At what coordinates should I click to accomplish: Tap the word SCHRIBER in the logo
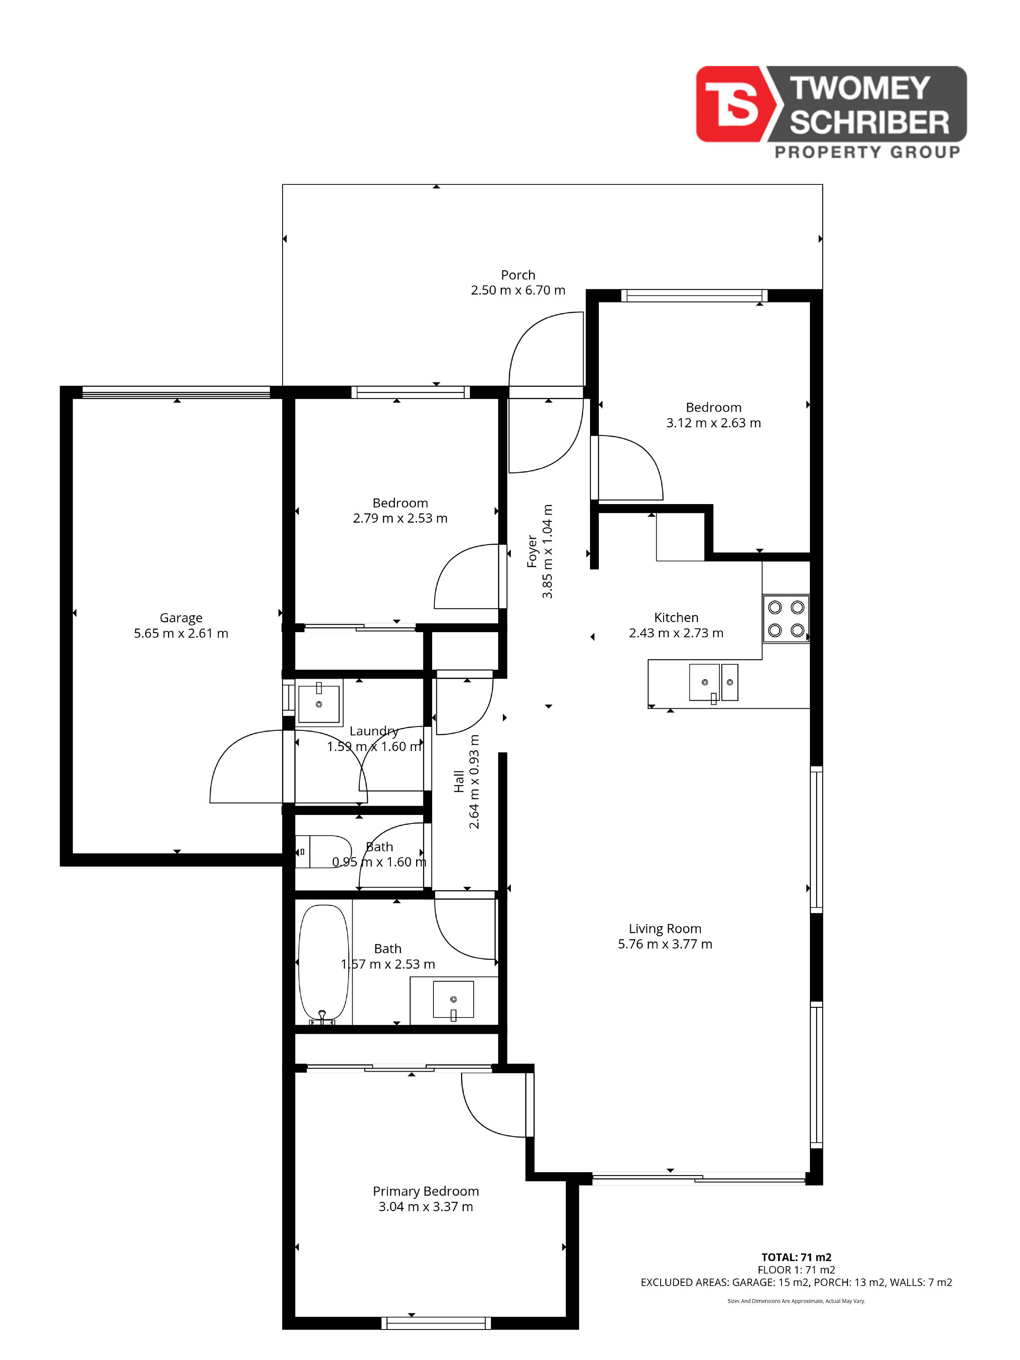click(x=869, y=123)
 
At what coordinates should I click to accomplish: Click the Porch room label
click(x=518, y=275)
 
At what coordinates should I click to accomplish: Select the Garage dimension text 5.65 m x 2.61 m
click(x=181, y=633)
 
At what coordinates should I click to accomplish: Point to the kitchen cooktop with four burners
click(x=786, y=619)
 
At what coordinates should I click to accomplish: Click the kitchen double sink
click(x=713, y=683)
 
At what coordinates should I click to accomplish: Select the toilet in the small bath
click(x=323, y=852)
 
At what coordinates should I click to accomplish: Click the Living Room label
click(x=665, y=928)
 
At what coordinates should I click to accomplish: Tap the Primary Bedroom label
click(x=425, y=1191)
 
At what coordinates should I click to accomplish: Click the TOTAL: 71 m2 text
click(x=796, y=1257)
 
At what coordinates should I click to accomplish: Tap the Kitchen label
click(x=676, y=617)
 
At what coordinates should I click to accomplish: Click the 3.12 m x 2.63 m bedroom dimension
click(x=713, y=423)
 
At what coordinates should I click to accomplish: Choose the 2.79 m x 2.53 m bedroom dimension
click(x=400, y=518)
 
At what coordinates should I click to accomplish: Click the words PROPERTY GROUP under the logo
click(x=867, y=152)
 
